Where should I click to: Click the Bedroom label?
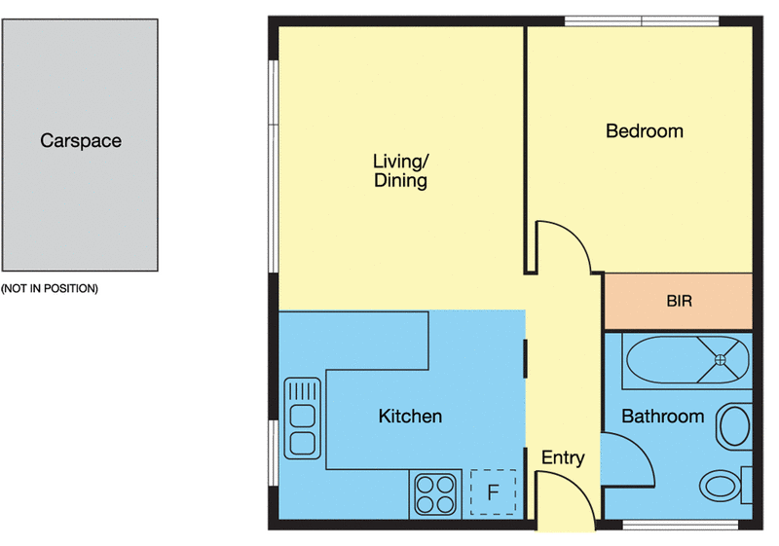pyautogui.click(x=645, y=131)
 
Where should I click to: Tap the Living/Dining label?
pyautogui.click(x=400, y=170)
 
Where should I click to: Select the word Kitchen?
pyautogui.click(x=410, y=417)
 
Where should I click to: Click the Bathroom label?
pyautogui.click(x=662, y=417)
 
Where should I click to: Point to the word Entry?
pyautogui.click(x=563, y=458)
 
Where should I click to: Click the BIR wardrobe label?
pyautogui.click(x=679, y=302)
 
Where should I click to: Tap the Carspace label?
pyautogui.click(x=81, y=141)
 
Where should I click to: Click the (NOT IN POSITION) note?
pyautogui.click(x=50, y=289)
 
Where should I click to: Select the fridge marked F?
pyautogui.click(x=493, y=492)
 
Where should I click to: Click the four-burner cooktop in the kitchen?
pyautogui.click(x=435, y=492)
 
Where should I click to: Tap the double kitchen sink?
pyautogui.click(x=303, y=418)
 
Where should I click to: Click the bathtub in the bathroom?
pyautogui.click(x=687, y=360)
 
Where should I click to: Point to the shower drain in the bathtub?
pyautogui.click(x=721, y=360)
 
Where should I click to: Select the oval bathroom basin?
pyautogui.click(x=734, y=426)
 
